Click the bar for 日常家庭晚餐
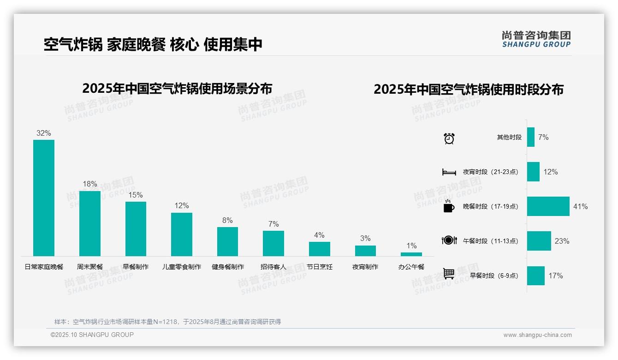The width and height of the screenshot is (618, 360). coord(44,198)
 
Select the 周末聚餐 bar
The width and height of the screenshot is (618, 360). coord(89,223)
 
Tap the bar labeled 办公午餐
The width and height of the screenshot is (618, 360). coord(411,254)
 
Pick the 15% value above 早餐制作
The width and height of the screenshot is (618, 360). coord(136,195)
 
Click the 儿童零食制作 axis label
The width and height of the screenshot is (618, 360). coord(182,267)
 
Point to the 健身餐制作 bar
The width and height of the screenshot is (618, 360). coord(227,241)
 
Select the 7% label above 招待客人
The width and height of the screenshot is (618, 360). coord(273,224)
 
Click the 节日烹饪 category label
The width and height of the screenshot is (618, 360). coord(319,267)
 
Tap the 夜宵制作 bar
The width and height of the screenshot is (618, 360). coord(365,251)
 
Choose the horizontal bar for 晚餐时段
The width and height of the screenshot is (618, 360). coord(548,206)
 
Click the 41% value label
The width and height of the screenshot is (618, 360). coord(580,206)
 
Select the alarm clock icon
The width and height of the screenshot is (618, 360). coord(449,138)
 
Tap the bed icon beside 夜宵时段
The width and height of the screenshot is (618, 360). coord(449,172)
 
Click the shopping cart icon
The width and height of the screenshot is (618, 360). coord(449,274)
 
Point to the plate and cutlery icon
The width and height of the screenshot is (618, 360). coord(449,240)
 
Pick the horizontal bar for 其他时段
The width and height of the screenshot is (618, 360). coord(531,137)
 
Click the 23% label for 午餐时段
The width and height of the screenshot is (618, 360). coord(562,241)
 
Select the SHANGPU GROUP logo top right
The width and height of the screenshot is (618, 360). coord(536,39)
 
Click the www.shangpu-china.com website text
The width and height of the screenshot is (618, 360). coord(537,335)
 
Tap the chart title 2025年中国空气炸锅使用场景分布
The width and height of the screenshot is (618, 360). coord(177,88)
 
